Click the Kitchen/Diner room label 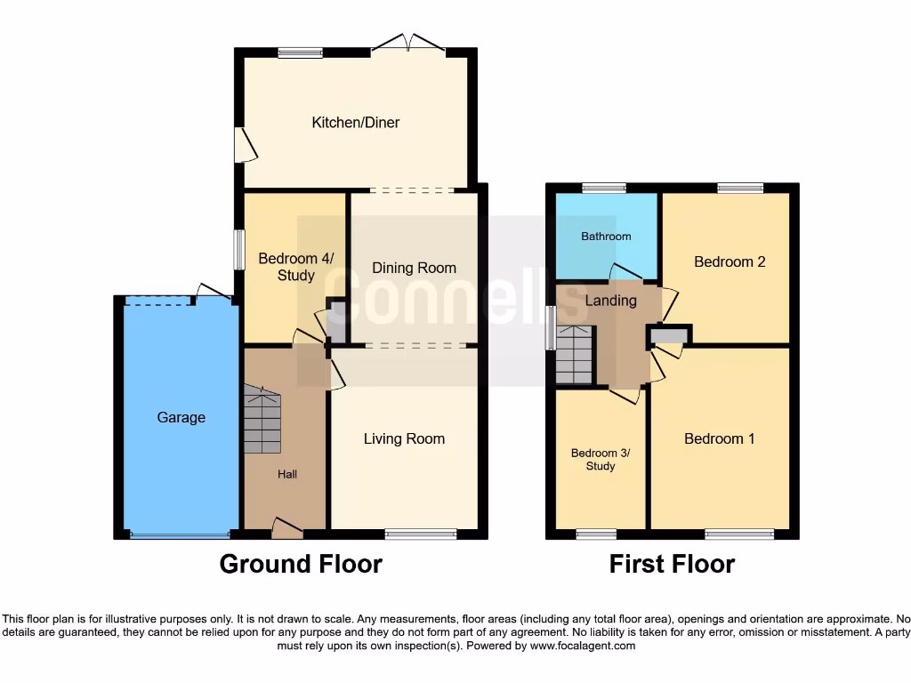(x=355, y=123)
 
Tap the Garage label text (x=181, y=417)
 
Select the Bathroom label (x=606, y=237)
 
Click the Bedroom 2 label (x=730, y=261)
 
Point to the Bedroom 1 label (x=719, y=438)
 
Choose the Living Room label (x=404, y=438)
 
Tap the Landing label (x=610, y=301)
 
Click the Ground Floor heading (x=301, y=564)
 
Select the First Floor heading (x=672, y=564)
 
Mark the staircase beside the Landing (x=574, y=354)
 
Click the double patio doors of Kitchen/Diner (x=408, y=45)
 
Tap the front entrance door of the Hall (x=286, y=529)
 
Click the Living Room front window (x=421, y=534)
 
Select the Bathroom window (x=604, y=188)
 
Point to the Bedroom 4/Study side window (x=238, y=250)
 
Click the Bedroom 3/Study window (x=596, y=534)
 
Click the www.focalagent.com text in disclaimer (x=582, y=647)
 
